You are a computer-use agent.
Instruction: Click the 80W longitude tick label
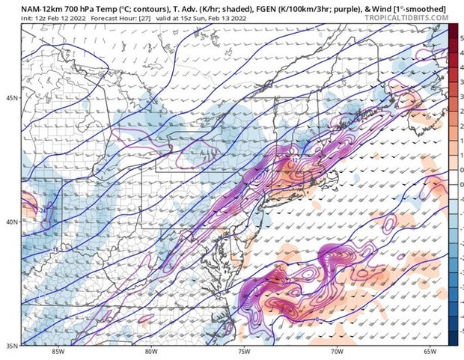tap(151, 352)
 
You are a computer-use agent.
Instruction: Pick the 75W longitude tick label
tap(244, 352)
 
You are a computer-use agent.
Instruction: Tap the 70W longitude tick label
tap(336, 352)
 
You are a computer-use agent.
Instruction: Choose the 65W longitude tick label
tap(429, 352)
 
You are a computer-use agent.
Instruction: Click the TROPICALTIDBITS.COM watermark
tap(409, 16)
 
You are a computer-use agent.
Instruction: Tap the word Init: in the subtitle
tap(10, 16)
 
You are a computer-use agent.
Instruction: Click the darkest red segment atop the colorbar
tap(453, 28)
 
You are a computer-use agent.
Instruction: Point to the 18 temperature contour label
tap(56, 249)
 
